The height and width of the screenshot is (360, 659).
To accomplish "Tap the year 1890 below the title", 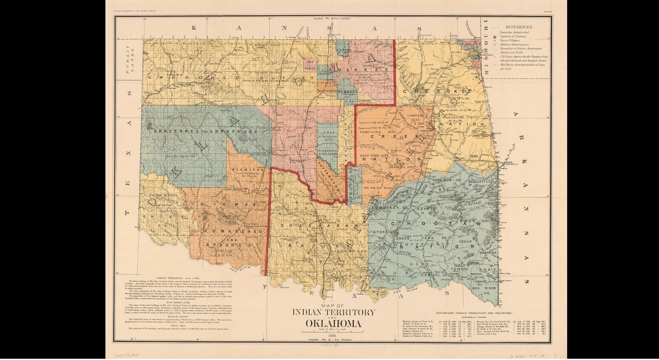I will tap(332, 336).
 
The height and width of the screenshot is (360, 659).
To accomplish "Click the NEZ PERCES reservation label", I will tap(310, 65).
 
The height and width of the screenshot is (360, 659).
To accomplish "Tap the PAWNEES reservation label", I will tap(347, 92).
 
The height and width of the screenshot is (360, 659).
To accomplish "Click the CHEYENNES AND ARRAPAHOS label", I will tap(205, 131).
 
